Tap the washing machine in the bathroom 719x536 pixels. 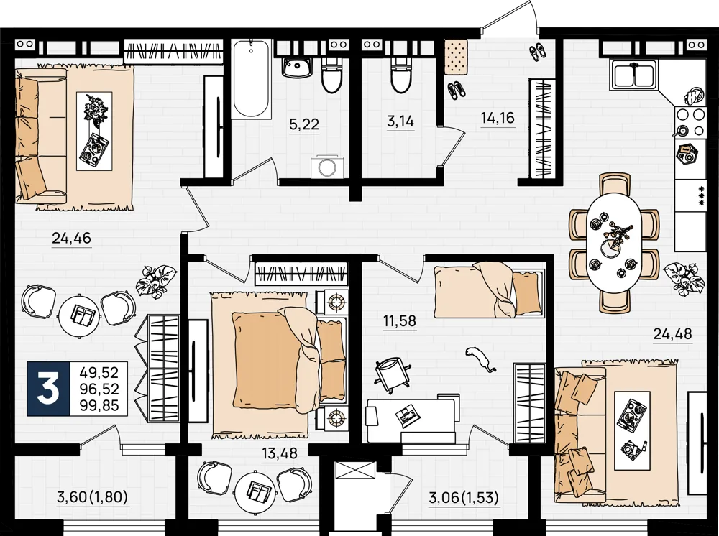pos(326,166)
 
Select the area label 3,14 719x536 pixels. pos(400,121)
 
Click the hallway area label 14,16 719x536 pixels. pos(498,119)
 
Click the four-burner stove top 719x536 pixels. pos(690,122)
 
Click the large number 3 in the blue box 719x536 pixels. pos(48,389)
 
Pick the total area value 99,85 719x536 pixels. pos(99,405)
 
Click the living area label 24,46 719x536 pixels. pos(71,239)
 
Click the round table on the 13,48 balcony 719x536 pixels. pos(255,491)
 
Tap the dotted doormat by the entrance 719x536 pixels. pos(456,56)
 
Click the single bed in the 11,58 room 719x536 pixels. pos(489,290)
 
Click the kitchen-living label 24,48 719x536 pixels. pos(672,334)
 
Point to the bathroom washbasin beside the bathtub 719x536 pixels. pos(297,68)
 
